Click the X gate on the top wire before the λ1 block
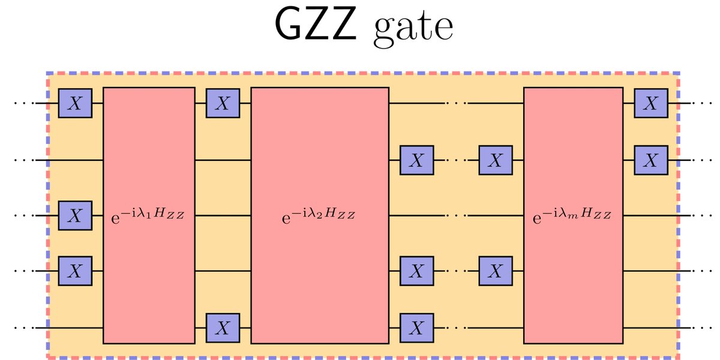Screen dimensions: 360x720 (74, 104)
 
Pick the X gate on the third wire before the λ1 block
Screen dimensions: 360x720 (74, 216)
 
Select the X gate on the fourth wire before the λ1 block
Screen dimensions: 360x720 (74, 271)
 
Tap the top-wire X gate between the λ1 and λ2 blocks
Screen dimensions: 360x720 (223, 104)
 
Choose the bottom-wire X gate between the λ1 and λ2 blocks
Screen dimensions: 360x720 (223, 328)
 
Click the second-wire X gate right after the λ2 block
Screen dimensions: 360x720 (417, 160)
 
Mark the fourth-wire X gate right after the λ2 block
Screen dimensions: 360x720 (417, 271)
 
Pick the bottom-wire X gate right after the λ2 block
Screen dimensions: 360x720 (417, 328)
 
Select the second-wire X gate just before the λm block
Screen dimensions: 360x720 (495, 160)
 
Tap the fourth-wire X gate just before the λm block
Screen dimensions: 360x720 (495, 271)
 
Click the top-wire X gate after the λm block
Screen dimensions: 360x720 (650, 104)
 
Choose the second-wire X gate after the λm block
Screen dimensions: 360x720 (650, 160)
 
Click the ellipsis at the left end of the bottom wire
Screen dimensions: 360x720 (24, 328)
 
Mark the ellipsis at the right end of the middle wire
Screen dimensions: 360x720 (701, 215)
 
